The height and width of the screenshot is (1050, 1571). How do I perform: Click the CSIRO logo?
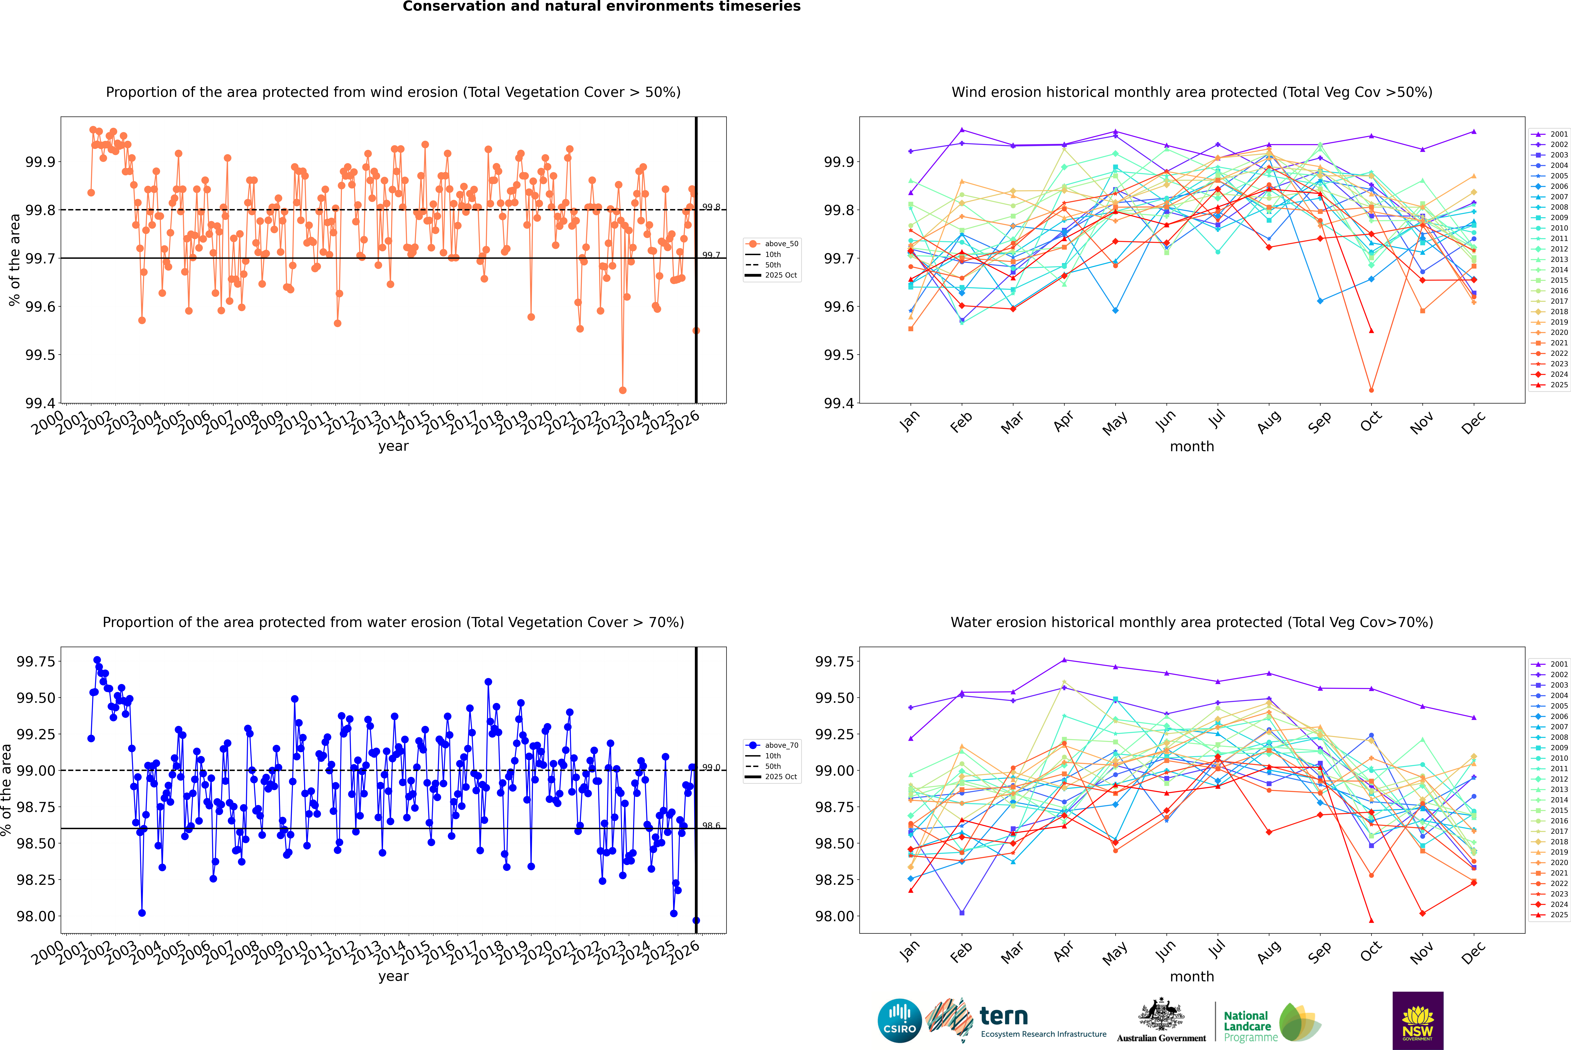(899, 1021)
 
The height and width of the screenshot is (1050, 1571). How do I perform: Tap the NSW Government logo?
(1418, 1021)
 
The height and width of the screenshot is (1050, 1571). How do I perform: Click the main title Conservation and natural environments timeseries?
(601, 7)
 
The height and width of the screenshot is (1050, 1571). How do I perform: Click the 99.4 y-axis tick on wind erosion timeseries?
(40, 403)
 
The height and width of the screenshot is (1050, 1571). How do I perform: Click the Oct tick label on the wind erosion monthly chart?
(1371, 422)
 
